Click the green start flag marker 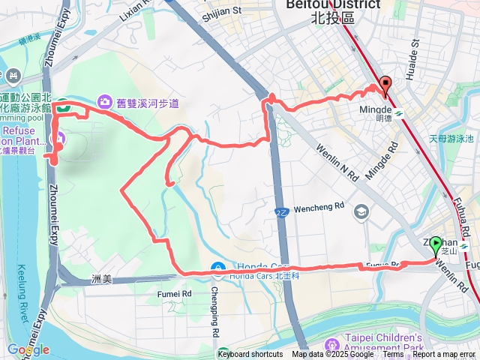[437, 244]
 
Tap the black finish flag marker [385, 84]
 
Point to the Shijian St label [223, 10]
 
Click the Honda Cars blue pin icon [217, 268]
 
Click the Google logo [28, 349]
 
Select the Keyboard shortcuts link [250, 355]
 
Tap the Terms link [393, 355]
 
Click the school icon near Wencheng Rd [361, 211]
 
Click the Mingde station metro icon [400, 115]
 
